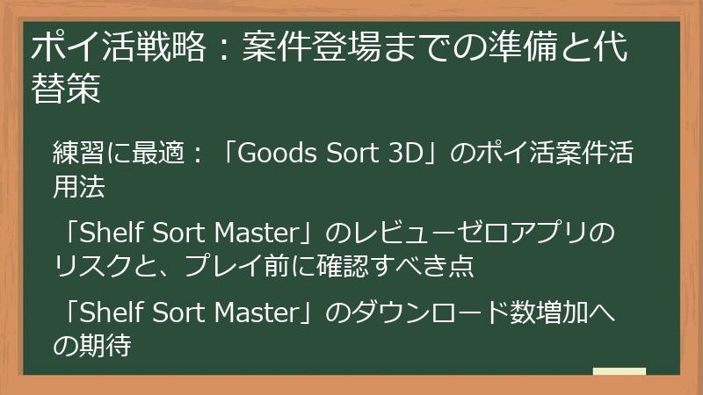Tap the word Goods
tap(279, 154)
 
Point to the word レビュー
tap(409, 235)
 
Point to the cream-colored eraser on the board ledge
tap(620, 371)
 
